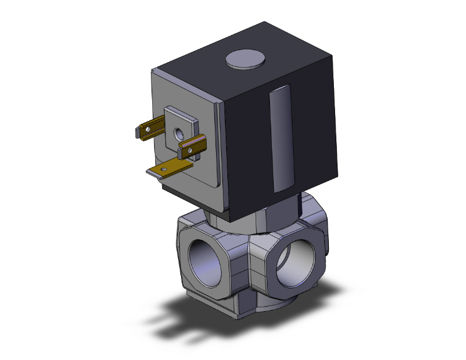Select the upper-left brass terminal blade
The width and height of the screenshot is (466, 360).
click(x=150, y=130)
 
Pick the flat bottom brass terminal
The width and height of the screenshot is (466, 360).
click(x=168, y=167)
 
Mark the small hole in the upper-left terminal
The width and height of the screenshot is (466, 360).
click(x=148, y=130)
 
